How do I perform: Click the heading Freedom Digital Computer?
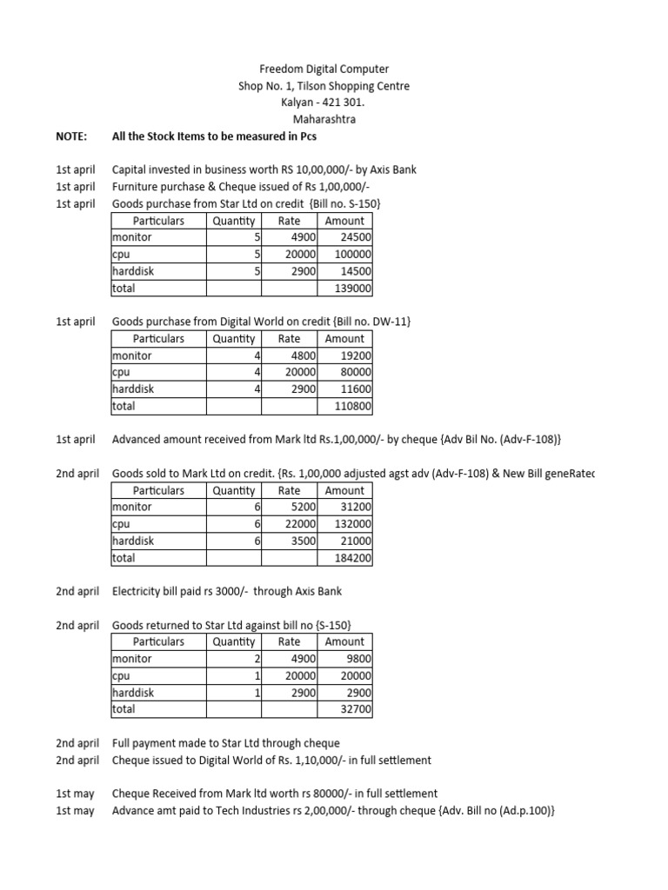pos(325,69)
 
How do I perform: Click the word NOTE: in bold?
pos(71,136)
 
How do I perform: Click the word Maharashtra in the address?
pos(324,119)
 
